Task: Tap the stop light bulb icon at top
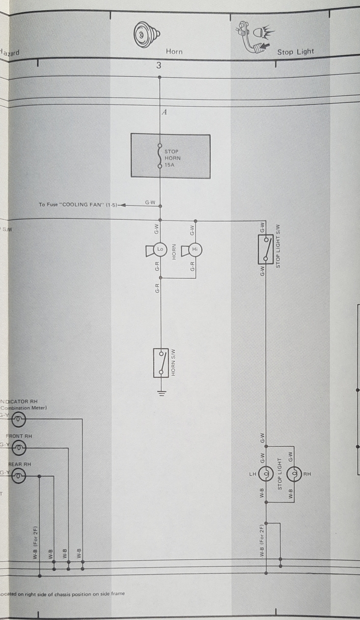(257, 36)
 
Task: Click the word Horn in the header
(174, 51)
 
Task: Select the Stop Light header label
(295, 52)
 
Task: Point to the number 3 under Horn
(159, 65)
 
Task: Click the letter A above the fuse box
(164, 112)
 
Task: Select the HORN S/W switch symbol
(161, 363)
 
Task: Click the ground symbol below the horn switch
(161, 392)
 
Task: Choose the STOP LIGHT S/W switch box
(266, 249)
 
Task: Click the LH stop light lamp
(266, 474)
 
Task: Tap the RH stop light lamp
(294, 474)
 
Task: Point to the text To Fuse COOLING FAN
(78, 205)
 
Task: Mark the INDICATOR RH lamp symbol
(19, 419)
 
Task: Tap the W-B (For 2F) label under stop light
(263, 540)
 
